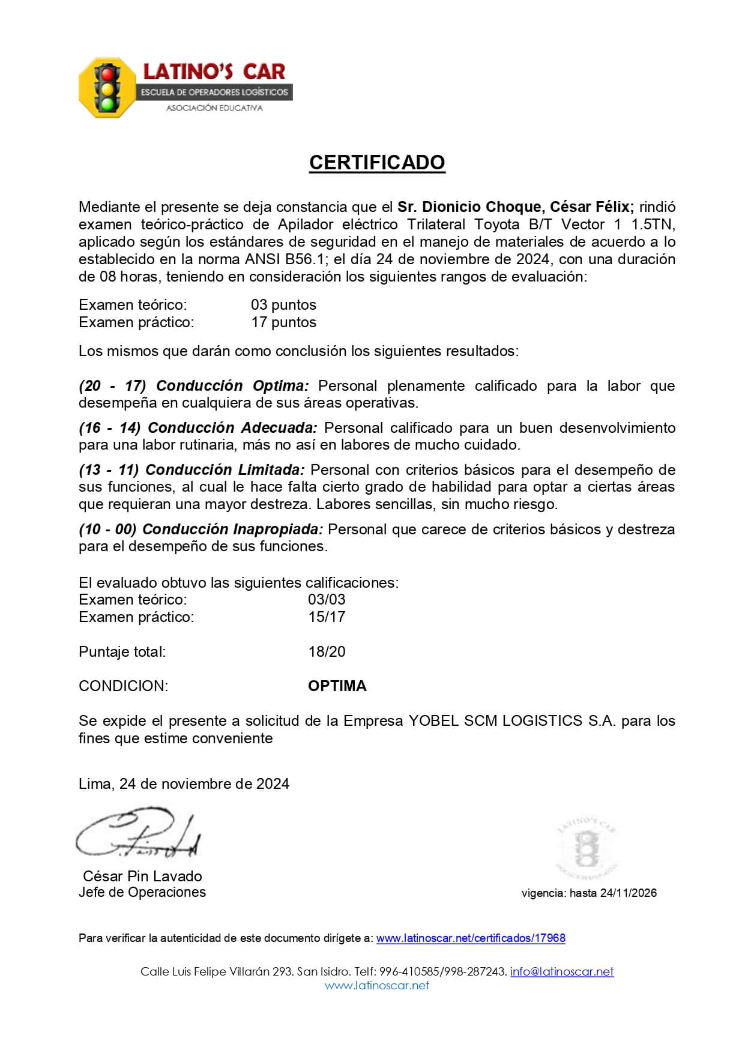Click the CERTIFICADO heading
pyautogui.click(x=377, y=163)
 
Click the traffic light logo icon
pyautogui.click(x=107, y=88)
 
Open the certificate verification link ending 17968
pyautogui.click(x=471, y=938)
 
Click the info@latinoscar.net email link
pyautogui.click(x=562, y=971)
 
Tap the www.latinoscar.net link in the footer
pyautogui.click(x=377, y=985)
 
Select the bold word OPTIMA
pyautogui.click(x=337, y=686)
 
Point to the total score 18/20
pyautogui.click(x=327, y=652)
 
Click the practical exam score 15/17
pyautogui.click(x=327, y=617)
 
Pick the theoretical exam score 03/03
pyautogui.click(x=327, y=600)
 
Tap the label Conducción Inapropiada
pyautogui.click(x=233, y=530)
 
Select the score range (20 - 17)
pyautogui.click(x=112, y=386)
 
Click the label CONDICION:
pyautogui.click(x=124, y=686)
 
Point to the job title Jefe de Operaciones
pyautogui.click(x=142, y=892)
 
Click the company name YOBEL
pyautogui.click(x=431, y=721)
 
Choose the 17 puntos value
pyautogui.click(x=283, y=322)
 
